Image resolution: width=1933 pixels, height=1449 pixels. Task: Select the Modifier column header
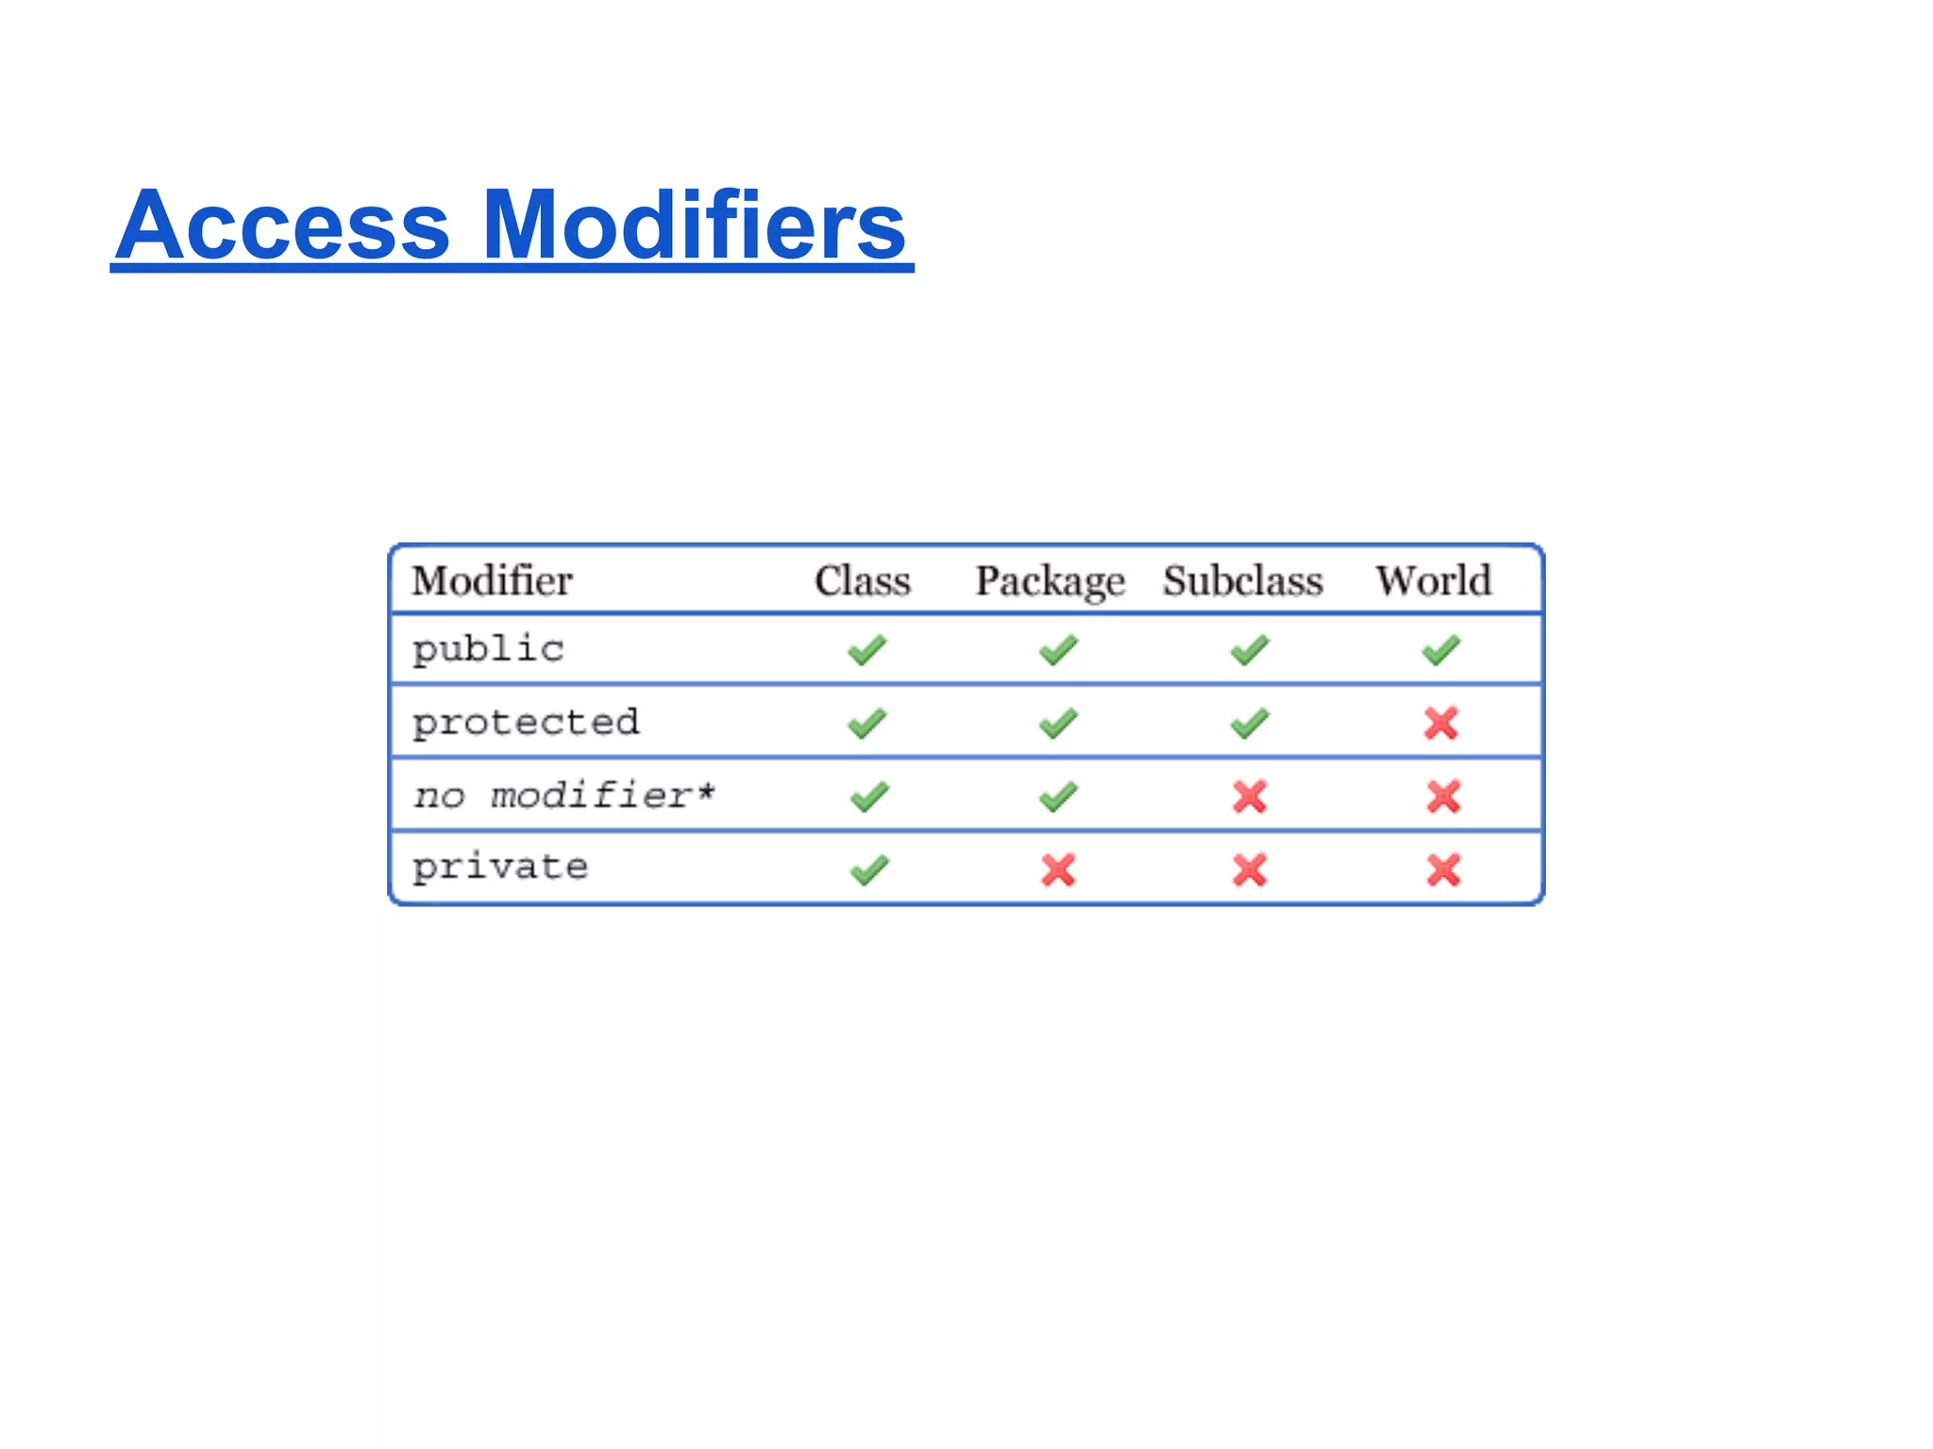coord(492,580)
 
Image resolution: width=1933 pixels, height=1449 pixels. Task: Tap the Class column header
coord(863,580)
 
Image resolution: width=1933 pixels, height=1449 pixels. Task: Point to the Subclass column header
coord(1242,580)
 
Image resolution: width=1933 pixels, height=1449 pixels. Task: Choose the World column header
coord(1433,580)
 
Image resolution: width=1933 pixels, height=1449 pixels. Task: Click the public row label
coord(488,650)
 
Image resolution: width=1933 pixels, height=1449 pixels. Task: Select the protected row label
coord(526,723)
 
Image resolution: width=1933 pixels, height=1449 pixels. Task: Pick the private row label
coord(500,867)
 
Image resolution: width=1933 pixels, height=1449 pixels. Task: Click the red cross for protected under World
coord(1441,724)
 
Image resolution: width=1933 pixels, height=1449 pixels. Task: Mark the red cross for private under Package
coord(1058,870)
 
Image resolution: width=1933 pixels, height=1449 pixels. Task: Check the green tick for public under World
coord(1441,650)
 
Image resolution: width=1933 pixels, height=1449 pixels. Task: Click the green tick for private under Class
coord(868,870)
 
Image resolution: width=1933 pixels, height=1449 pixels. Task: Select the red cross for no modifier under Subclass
coord(1250,796)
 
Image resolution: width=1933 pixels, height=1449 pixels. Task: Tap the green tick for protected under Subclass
coord(1250,724)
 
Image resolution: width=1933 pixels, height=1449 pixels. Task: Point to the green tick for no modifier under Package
coord(1058,796)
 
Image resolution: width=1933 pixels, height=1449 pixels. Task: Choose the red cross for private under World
coord(1443,870)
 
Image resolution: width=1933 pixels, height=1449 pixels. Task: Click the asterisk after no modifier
coord(706,791)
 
